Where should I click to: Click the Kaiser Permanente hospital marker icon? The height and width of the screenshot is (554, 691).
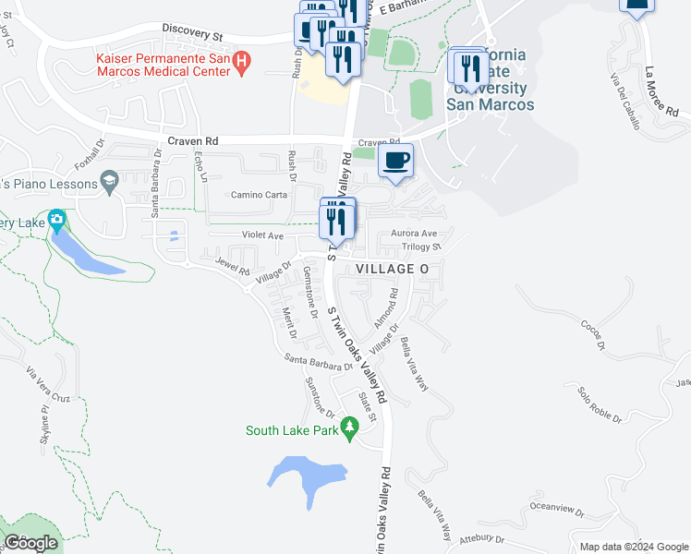point(242,64)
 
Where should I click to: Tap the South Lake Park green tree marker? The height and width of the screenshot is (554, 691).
point(349,429)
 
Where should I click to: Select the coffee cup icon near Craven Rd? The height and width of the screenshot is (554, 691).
point(395,161)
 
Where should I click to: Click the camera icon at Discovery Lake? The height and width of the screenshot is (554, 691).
point(56,222)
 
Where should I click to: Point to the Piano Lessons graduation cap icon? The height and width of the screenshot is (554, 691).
point(111,180)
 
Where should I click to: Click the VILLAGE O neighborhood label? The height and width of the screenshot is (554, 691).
point(393,268)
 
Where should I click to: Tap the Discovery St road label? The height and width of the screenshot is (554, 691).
point(193,32)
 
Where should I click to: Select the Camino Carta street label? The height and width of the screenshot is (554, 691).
point(259,195)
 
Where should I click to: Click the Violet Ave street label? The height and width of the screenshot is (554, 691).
point(262,235)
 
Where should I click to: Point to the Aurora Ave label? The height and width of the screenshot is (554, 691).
point(414,234)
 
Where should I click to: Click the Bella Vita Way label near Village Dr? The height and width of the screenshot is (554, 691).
point(414,365)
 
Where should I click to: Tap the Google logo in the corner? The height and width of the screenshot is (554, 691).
point(30,543)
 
